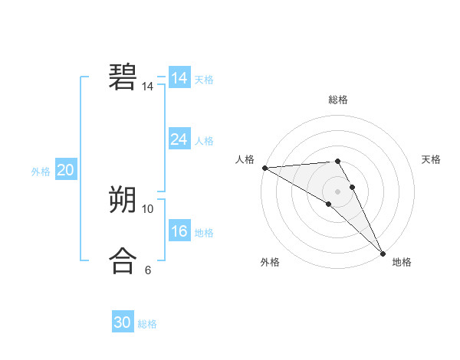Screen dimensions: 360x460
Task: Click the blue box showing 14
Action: tap(179, 78)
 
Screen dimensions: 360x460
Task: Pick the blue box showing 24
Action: tap(179, 139)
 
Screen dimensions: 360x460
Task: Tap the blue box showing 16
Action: tap(179, 231)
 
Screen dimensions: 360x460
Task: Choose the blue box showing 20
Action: tap(65, 170)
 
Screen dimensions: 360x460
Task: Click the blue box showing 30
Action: tap(123, 322)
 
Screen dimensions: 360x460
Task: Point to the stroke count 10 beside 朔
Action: tap(148, 208)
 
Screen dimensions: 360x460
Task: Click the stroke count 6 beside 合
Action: tap(148, 270)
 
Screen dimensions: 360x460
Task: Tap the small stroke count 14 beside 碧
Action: tap(148, 87)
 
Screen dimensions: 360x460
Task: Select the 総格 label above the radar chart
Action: tap(338, 100)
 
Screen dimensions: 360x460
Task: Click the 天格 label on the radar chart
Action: tap(432, 159)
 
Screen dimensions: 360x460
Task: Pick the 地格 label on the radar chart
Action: tap(402, 262)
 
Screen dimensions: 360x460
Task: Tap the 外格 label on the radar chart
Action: tap(270, 262)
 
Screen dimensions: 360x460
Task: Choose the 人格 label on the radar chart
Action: tap(245, 159)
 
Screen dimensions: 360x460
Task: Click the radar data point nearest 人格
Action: tap(264, 167)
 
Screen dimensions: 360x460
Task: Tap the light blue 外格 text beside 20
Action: tap(41, 172)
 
